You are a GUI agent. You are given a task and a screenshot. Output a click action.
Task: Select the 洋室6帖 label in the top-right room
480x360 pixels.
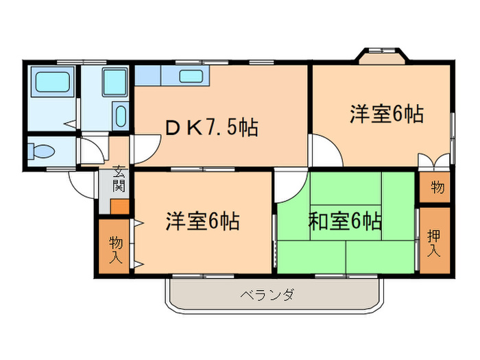point(385,114)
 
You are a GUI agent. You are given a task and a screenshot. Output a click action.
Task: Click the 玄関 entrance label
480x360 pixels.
point(119,178)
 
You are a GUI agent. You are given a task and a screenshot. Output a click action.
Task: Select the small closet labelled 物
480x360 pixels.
point(435,187)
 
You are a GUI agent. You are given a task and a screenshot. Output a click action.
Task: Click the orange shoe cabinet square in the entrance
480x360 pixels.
point(119,205)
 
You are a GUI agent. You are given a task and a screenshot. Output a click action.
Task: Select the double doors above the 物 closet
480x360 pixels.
point(435,162)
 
